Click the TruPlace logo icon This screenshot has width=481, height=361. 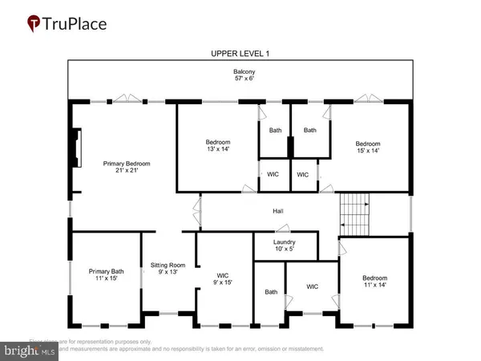(34, 23)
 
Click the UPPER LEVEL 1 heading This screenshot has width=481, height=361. (240, 53)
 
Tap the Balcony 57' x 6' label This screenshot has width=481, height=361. (240, 75)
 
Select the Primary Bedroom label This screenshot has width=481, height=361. (127, 164)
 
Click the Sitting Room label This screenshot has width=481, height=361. (168, 265)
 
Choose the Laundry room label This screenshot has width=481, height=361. (285, 241)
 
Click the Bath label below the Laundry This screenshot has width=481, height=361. (271, 292)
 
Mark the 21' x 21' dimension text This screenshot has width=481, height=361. (127, 170)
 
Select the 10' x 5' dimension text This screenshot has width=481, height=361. (285, 248)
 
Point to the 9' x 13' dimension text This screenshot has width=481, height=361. (168, 271)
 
